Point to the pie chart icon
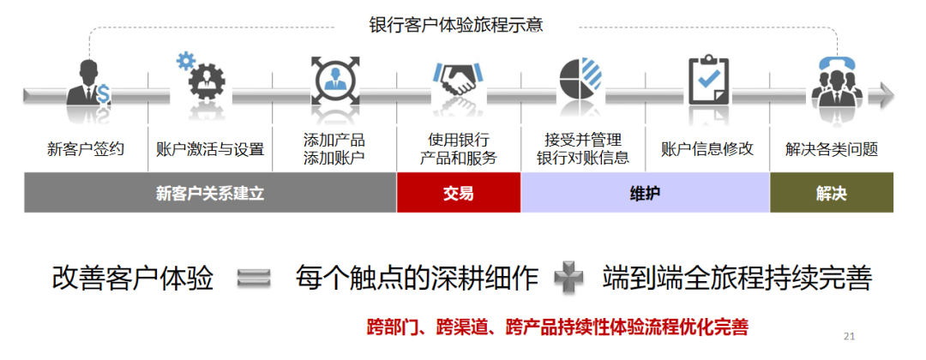pos(582,81)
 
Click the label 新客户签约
pos(86,149)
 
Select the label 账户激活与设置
pos(210,149)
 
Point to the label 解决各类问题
pos(832,149)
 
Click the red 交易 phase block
pos(458,193)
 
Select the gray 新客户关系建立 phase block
pos(210,193)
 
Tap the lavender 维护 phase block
pos(645,193)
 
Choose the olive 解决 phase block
pos(831,193)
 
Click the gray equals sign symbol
pos(253,278)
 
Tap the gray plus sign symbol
pos(568,278)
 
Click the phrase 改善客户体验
pos(133,278)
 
